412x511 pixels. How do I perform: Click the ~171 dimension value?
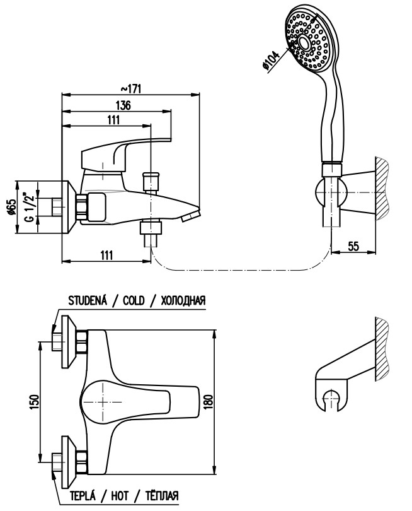click(131, 89)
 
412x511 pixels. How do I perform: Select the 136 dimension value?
click(123, 105)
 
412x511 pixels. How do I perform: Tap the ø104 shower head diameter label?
click(271, 61)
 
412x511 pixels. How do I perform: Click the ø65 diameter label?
click(11, 207)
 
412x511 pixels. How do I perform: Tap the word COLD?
click(134, 300)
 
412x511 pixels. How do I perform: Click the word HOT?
click(120, 496)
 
